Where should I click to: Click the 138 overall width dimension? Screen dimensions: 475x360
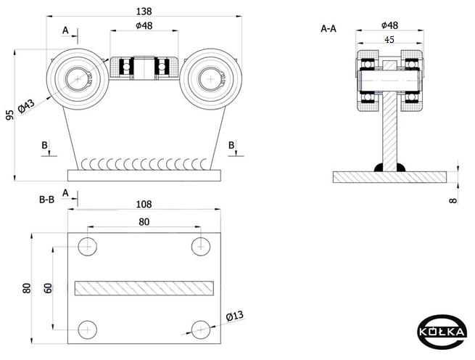coord(144,12)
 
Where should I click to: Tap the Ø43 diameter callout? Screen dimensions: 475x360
coord(26,106)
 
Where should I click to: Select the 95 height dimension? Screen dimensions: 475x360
coord(10,115)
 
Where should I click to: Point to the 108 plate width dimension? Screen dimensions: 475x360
coord(144,205)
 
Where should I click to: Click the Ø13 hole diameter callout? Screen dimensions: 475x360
coord(235,316)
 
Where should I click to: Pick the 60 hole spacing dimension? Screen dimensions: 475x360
coord(48,288)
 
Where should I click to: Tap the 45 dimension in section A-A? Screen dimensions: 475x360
coord(389,39)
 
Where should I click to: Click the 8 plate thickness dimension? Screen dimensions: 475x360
coord(453,200)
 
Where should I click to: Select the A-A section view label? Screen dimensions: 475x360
coord(329,29)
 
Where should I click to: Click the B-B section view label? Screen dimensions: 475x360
coord(46,200)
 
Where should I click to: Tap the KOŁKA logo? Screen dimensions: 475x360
coord(442,332)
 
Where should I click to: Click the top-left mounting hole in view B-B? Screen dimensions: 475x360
coord(88,247)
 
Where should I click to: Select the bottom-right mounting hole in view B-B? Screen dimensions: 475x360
coord(201,330)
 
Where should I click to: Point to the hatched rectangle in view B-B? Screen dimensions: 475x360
coord(144,288)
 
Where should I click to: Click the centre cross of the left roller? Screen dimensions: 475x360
coord(78,79)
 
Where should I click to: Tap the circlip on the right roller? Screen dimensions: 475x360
coord(221,79)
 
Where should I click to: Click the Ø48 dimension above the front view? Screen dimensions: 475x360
coord(144,26)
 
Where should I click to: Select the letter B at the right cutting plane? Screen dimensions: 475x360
coord(231,145)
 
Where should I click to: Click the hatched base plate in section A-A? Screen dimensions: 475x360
coord(390,177)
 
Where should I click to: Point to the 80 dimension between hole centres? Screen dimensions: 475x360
coord(144,222)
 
